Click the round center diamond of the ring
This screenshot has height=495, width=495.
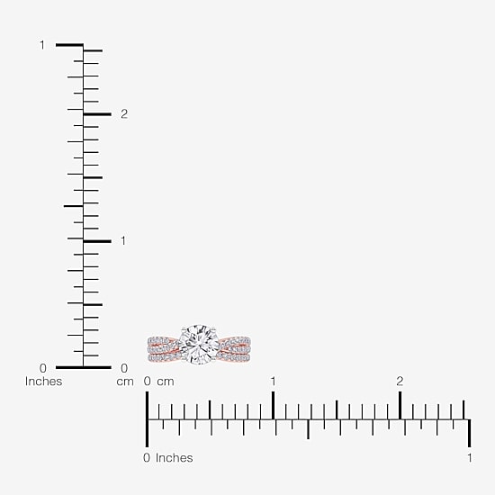tap(199, 345)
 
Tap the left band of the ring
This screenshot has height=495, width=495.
tap(164, 349)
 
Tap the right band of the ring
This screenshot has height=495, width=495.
tap(234, 349)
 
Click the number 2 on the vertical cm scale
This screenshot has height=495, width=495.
tap(124, 114)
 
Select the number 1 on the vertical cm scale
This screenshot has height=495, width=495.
tap(123, 241)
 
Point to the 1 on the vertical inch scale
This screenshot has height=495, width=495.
tap(42, 45)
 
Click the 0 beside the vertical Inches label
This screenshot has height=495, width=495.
tap(43, 368)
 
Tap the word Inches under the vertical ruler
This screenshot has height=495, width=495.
tap(43, 382)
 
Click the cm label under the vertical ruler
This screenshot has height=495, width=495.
tap(125, 382)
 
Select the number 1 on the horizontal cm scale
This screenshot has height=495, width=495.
tap(273, 382)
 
